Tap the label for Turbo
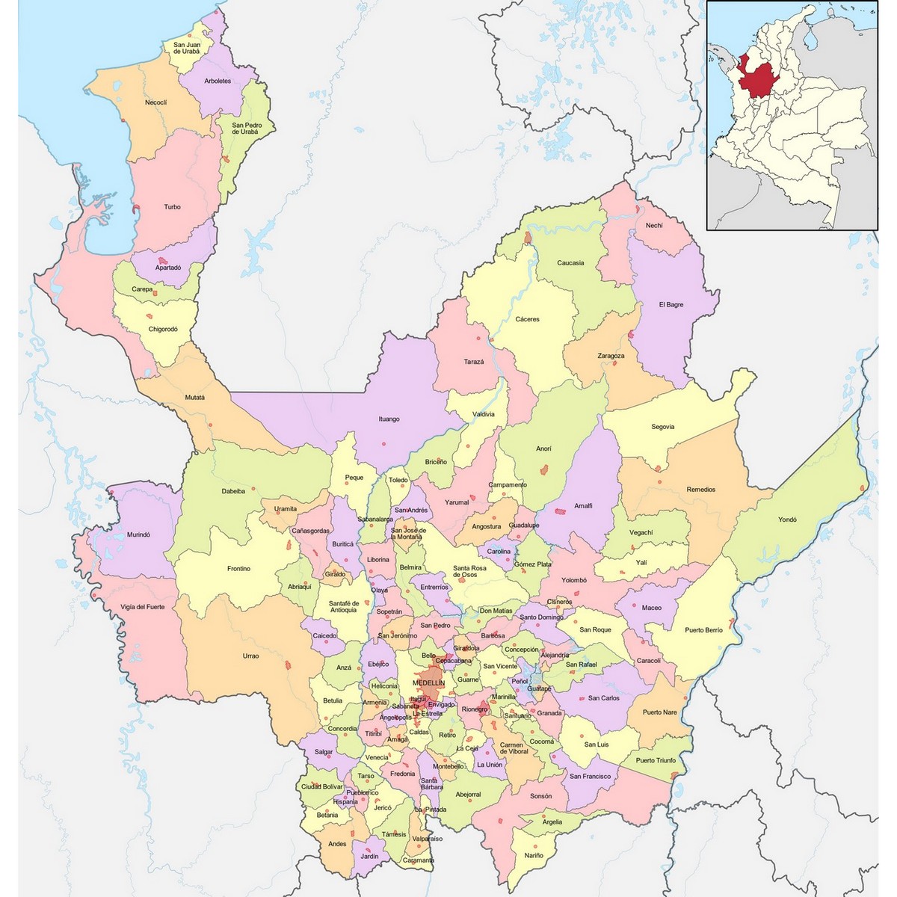(172, 207)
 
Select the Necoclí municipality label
(155, 102)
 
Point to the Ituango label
(389, 419)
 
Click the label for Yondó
(787, 520)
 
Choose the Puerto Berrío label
(703, 630)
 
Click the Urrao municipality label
(250, 656)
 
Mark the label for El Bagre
(671, 305)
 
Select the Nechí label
(654, 226)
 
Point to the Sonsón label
(540, 796)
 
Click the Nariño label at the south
(534, 855)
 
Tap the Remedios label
(700, 490)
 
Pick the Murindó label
(138, 535)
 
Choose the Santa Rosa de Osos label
(469, 571)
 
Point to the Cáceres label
(527, 319)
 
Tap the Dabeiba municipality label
(232, 491)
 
